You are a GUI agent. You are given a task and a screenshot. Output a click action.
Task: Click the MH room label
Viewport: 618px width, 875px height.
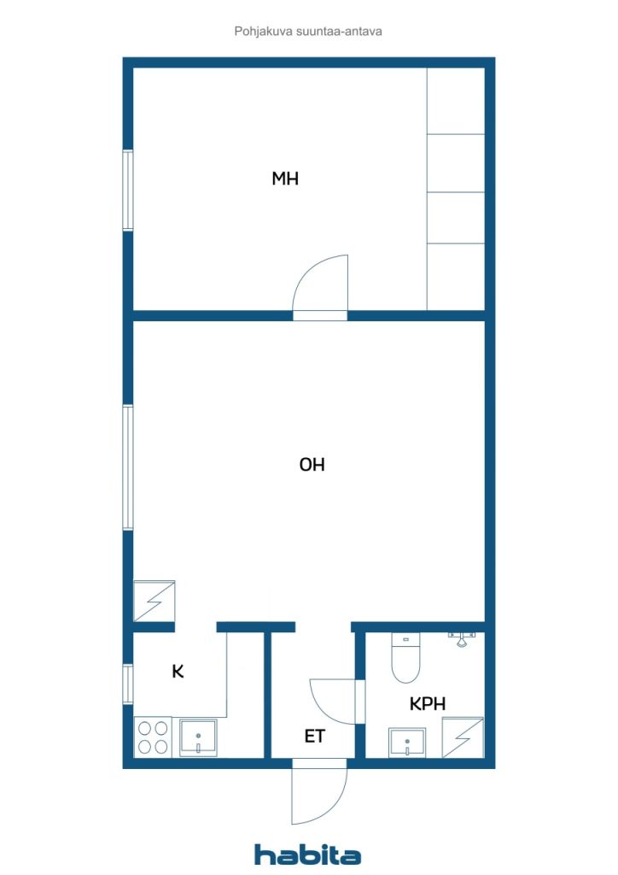tap(285, 179)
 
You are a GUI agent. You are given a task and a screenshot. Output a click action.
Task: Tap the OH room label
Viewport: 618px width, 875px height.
tap(312, 465)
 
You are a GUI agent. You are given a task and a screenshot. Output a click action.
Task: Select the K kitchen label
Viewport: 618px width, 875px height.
tap(178, 672)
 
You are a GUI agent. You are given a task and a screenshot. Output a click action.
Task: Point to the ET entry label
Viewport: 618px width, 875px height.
tap(315, 736)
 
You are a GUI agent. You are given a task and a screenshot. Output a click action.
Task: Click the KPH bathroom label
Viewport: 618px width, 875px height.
tap(428, 704)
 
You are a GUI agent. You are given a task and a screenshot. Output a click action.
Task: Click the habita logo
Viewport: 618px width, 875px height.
tap(307, 854)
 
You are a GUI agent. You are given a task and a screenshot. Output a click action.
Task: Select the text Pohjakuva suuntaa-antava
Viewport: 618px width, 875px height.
tap(308, 31)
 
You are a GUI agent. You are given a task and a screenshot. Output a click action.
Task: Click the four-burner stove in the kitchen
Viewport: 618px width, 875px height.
tap(153, 737)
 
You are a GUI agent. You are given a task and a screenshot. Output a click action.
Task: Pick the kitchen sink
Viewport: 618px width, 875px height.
tap(198, 737)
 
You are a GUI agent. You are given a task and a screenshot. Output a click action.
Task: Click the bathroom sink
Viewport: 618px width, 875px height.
tap(406, 742)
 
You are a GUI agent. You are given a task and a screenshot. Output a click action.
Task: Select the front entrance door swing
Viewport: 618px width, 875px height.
tap(319, 793)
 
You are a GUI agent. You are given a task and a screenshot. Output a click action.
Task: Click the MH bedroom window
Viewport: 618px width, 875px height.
tap(128, 190)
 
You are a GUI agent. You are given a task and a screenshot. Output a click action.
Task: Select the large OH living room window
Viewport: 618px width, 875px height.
tap(128, 467)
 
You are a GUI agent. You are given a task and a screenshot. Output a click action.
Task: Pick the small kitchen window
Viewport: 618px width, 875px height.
tap(128, 684)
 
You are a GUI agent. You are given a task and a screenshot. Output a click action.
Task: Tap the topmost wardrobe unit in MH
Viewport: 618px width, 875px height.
tap(456, 101)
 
